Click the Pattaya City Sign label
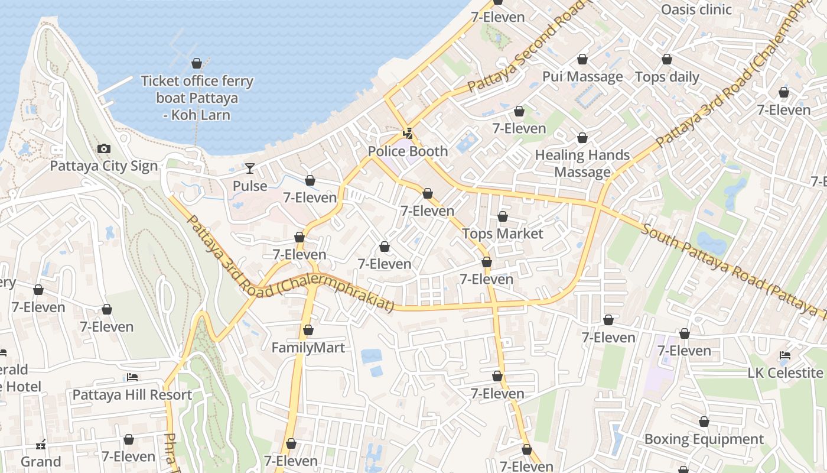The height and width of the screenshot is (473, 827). (103, 166)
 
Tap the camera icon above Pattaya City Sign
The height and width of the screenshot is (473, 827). (104, 148)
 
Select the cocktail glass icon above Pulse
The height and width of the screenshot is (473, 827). (250, 169)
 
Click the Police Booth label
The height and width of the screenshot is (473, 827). (408, 151)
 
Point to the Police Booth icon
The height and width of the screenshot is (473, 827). (407, 134)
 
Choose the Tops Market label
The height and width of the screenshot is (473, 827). (502, 234)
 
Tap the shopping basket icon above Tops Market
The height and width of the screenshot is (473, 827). (503, 216)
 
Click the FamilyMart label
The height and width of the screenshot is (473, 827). (308, 348)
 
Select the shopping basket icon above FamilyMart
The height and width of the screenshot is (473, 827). (308, 330)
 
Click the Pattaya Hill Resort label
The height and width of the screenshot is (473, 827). (132, 395)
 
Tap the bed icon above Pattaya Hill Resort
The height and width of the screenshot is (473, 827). (132, 377)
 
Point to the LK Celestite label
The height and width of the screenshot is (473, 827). (785, 373)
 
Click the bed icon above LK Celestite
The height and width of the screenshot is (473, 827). (785, 355)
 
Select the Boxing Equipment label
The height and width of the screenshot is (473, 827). (704, 439)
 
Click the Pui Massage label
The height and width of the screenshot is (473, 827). (582, 77)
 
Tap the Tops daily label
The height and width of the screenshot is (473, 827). (667, 77)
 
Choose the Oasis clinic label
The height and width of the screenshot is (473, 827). (696, 9)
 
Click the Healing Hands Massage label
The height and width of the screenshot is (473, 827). (582, 164)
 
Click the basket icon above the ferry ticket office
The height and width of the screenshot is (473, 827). (197, 63)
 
